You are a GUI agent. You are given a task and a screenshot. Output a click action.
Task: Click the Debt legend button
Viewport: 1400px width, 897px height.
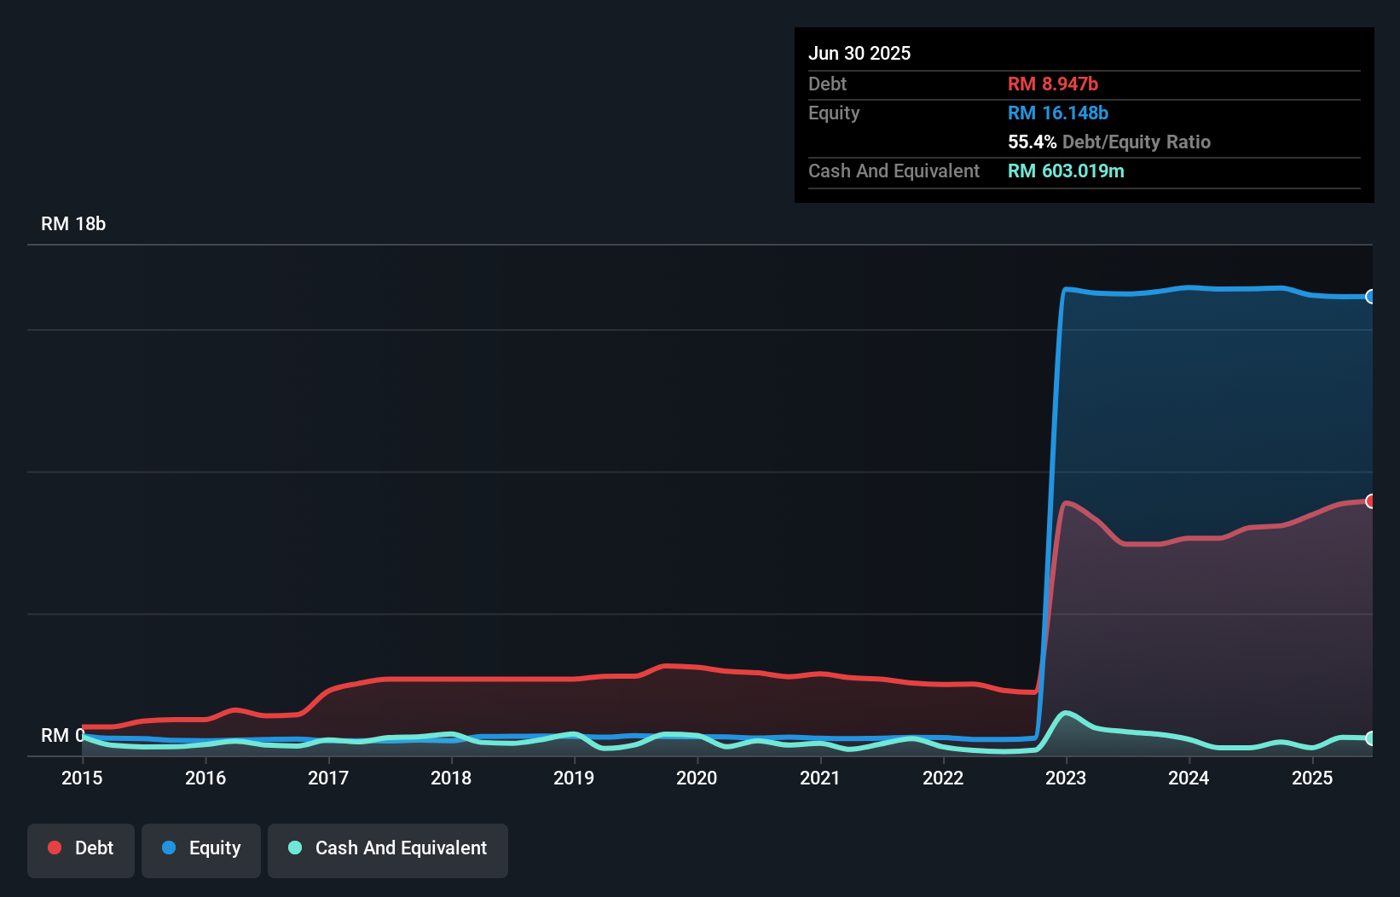pyautogui.click(x=81, y=848)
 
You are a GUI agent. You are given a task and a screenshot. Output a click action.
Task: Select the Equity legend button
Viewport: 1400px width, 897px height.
pyautogui.click(x=201, y=848)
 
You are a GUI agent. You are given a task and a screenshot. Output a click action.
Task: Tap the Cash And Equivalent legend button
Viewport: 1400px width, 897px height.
pyautogui.click(x=388, y=848)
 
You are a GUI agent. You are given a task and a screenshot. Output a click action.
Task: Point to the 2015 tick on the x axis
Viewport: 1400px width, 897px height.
pyautogui.click(x=82, y=778)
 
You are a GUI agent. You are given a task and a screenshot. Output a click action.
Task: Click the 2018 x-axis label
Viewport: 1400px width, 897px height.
pyautogui.click(x=451, y=778)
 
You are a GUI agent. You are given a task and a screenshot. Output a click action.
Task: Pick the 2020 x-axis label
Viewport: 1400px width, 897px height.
pyautogui.click(x=697, y=778)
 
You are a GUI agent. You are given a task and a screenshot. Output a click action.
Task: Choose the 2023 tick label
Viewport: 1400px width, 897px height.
pyautogui.click(x=1066, y=778)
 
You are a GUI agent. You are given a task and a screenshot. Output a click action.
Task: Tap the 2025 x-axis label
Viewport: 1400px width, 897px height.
pyautogui.click(x=1312, y=778)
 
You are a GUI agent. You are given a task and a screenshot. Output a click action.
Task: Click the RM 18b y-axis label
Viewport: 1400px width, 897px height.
pyautogui.click(x=73, y=224)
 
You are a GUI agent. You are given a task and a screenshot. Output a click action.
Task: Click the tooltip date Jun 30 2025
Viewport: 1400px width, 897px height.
pyautogui.click(x=859, y=54)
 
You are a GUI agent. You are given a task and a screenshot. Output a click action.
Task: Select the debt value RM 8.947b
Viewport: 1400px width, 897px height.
pyautogui.click(x=1053, y=84)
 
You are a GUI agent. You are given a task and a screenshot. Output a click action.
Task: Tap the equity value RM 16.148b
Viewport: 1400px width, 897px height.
pyautogui.click(x=1058, y=113)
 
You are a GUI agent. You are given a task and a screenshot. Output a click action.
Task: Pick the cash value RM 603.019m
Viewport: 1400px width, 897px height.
pyautogui.click(x=1066, y=171)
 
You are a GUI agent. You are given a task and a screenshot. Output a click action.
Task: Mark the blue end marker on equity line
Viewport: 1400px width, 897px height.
pyautogui.click(x=1370, y=297)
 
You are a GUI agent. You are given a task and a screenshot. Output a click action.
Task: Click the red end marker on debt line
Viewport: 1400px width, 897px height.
pyautogui.click(x=1370, y=501)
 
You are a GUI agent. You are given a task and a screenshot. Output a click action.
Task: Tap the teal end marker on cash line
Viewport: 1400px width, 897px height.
pyautogui.click(x=1370, y=738)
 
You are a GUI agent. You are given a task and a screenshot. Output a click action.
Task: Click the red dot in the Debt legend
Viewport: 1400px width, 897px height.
pyautogui.click(x=55, y=848)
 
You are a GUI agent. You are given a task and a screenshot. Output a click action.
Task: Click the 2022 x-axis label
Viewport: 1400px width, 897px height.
pyautogui.click(x=943, y=778)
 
